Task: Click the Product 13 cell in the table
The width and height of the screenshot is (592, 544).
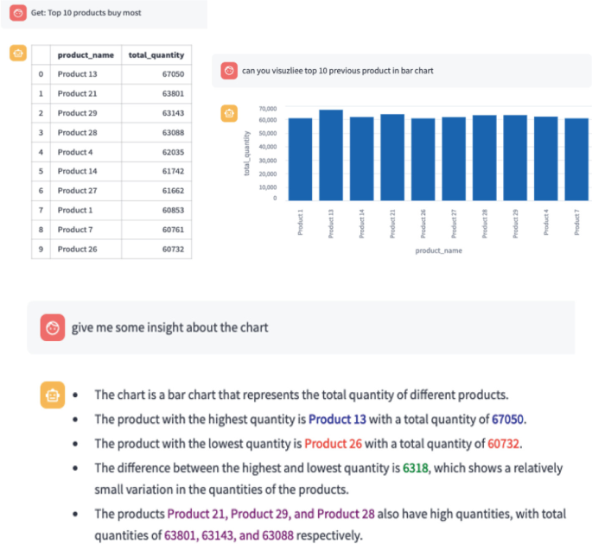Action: point(78,74)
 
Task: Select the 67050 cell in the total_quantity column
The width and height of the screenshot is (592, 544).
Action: point(169,74)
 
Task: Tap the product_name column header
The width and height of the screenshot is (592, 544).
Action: point(85,54)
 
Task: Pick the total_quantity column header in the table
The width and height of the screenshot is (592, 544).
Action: point(156,54)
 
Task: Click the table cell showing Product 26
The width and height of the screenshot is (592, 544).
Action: point(78,250)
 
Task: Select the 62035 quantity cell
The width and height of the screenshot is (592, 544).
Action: point(169,152)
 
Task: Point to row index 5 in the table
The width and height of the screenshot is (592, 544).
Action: point(41,172)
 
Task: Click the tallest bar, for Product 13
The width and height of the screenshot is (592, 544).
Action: point(331,155)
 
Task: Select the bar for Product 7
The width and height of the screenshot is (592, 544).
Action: point(576,160)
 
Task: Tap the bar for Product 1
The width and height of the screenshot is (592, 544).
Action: point(300,160)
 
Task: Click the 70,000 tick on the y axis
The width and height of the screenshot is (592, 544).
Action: point(267,109)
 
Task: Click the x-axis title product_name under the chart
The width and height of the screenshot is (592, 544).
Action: point(437,251)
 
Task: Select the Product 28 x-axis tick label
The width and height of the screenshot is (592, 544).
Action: point(486,222)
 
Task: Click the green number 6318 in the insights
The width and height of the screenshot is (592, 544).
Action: point(415,468)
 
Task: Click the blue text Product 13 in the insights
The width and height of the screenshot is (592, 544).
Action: point(337,420)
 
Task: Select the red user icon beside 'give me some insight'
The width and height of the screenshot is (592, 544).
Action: point(53,327)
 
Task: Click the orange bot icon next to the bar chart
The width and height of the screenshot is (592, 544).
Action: point(228,113)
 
